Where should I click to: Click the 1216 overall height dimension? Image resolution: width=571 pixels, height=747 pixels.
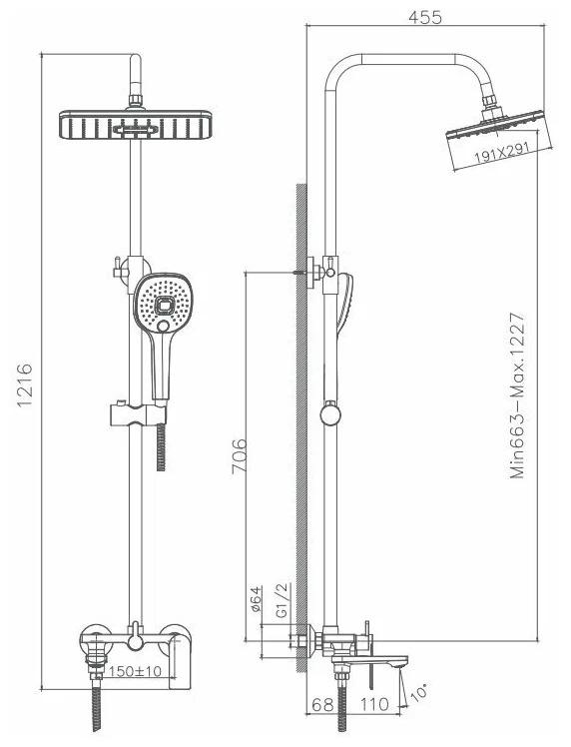pyautogui.click(x=25, y=384)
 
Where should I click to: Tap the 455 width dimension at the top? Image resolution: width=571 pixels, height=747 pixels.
pyautogui.click(x=425, y=17)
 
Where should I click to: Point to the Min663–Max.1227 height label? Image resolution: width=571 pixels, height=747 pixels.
pyautogui.click(x=518, y=394)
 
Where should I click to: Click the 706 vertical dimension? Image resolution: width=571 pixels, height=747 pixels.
pyautogui.click(x=239, y=456)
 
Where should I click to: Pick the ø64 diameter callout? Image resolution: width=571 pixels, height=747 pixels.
pyautogui.click(x=256, y=599)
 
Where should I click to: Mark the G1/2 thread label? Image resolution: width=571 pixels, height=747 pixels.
pyautogui.click(x=283, y=600)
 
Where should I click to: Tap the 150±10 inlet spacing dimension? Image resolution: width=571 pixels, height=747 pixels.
pyautogui.click(x=135, y=671)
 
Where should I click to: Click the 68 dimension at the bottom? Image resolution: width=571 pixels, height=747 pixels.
pyautogui.click(x=321, y=704)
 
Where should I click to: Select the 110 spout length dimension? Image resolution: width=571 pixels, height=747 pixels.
pyautogui.click(x=374, y=704)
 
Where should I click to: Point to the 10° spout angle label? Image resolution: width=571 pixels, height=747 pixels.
pyautogui.click(x=418, y=692)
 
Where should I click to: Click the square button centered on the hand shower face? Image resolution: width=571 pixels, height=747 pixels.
pyautogui.click(x=166, y=304)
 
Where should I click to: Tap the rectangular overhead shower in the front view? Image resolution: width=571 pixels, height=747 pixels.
pyautogui.click(x=136, y=125)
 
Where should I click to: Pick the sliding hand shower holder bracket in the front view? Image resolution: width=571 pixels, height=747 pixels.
pyautogui.click(x=138, y=413)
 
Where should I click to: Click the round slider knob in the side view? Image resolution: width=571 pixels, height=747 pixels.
pyautogui.click(x=330, y=413)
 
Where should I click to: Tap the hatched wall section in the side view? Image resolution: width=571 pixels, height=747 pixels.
pyautogui.click(x=301, y=427)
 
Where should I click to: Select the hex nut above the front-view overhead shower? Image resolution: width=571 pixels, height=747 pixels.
pyautogui.click(x=136, y=100)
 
